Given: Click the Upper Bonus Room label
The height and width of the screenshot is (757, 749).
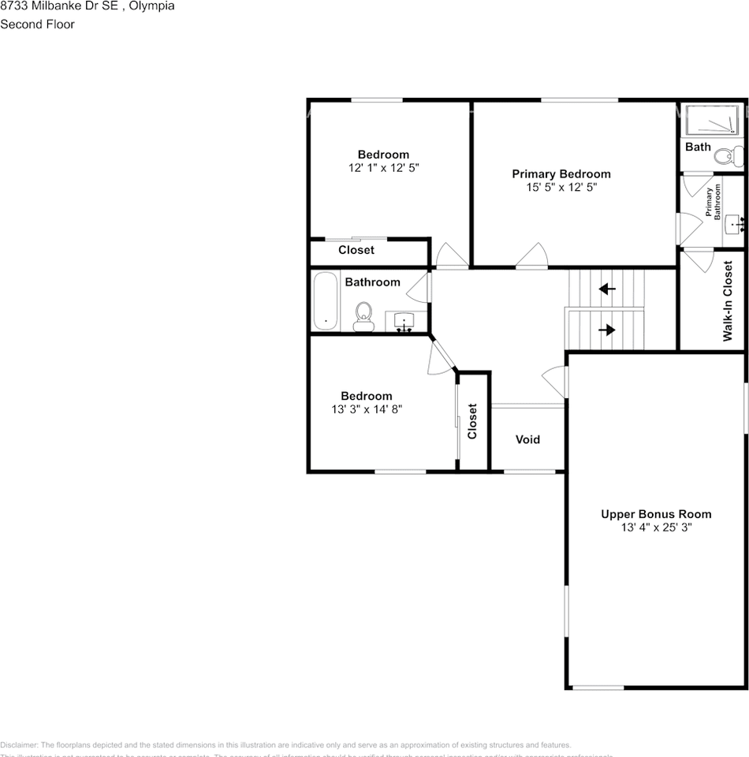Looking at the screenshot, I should click(656, 514).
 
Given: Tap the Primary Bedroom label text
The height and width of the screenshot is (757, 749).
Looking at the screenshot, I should click(561, 174).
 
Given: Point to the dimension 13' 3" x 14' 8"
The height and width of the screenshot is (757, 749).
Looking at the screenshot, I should click(367, 409).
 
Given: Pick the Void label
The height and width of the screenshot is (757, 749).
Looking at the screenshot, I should click(527, 439).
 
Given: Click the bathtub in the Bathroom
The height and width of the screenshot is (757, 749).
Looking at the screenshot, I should click(325, 300).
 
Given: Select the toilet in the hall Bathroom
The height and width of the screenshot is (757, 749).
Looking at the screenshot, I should click(363, 316).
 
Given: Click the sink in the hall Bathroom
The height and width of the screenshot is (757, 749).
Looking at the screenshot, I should click(404, 322).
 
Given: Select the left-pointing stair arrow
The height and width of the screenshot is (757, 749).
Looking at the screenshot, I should click(606, 289).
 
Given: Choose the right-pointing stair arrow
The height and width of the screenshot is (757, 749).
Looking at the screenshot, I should click(606, 330).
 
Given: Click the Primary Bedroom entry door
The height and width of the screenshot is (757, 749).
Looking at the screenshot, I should click(532, 257).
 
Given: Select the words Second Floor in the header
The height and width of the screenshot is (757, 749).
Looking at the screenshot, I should click(37, 24).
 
